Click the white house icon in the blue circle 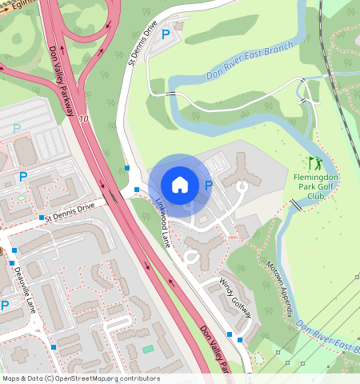pos(180,184)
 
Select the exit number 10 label pos(84,118)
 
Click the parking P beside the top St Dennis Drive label pos(166,34)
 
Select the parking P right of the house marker pos(209,186)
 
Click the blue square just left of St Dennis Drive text pos(41,217)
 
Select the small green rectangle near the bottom pos(147,349)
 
